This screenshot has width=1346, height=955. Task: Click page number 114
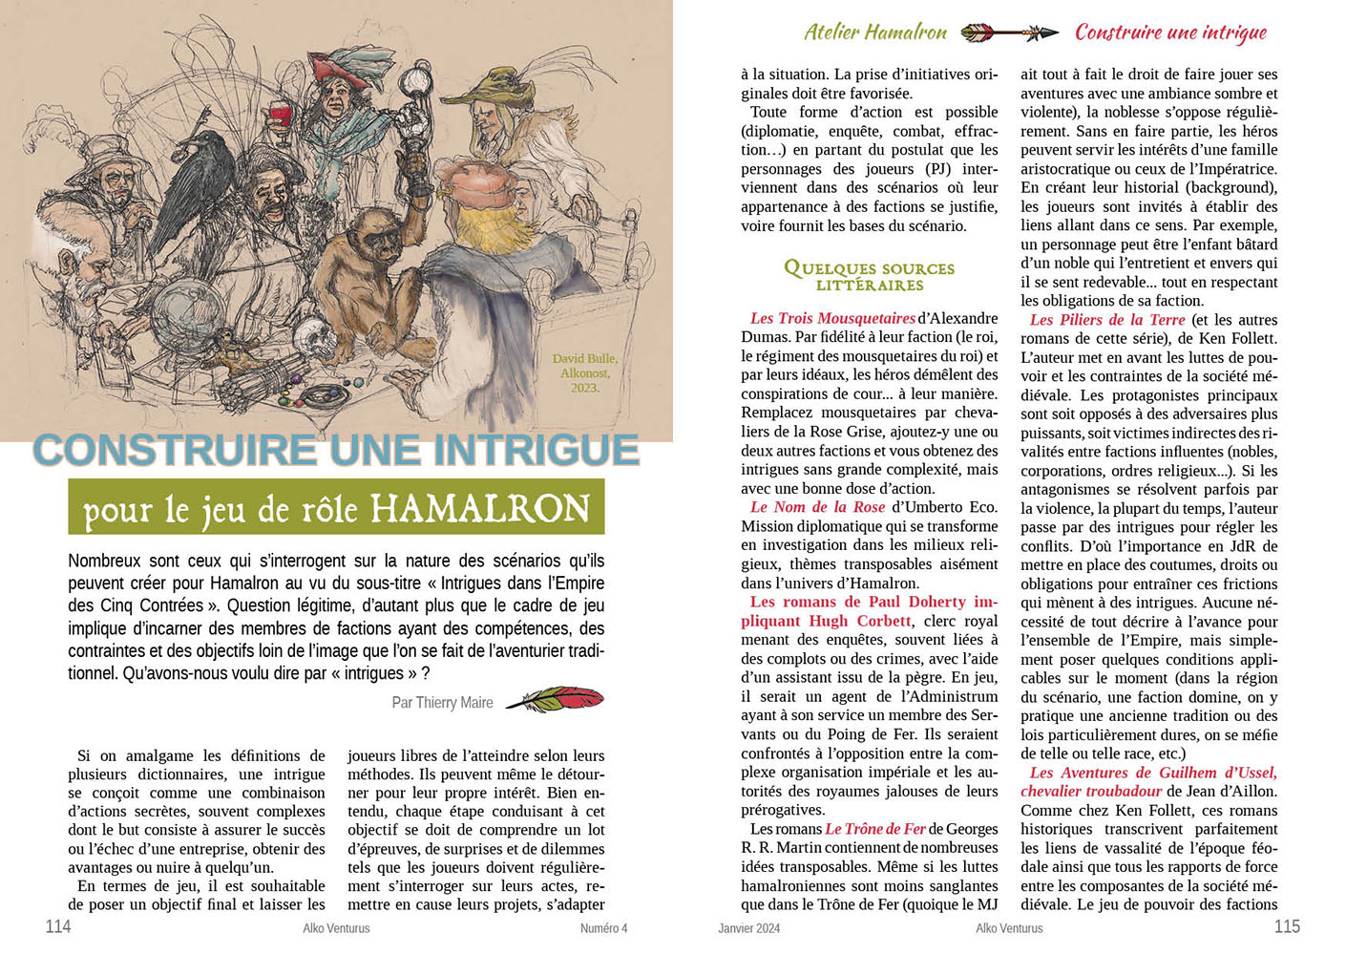[58, 926]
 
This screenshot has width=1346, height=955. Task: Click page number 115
[1287, 926]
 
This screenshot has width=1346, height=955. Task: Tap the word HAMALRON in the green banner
[479, 508]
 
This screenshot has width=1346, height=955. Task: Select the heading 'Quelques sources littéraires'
[869, 276]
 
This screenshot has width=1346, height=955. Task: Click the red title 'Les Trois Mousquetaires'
[832, 318]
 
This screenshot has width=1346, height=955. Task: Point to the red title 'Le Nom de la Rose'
[817, 507]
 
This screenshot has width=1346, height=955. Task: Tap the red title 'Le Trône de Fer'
[874, 829]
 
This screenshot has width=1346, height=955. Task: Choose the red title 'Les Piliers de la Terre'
[1106, 320]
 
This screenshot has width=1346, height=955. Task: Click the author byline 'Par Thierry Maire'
[442, 703]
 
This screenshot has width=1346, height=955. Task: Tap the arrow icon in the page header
[1009, 33]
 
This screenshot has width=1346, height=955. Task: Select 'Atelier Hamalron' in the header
[875, 32]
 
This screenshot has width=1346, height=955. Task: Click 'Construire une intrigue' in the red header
[1170, 32]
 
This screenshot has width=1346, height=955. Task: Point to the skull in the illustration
[311, 337]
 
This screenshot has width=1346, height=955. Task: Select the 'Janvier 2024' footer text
[748, 928]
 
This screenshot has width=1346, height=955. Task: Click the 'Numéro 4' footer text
[603, 928]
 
